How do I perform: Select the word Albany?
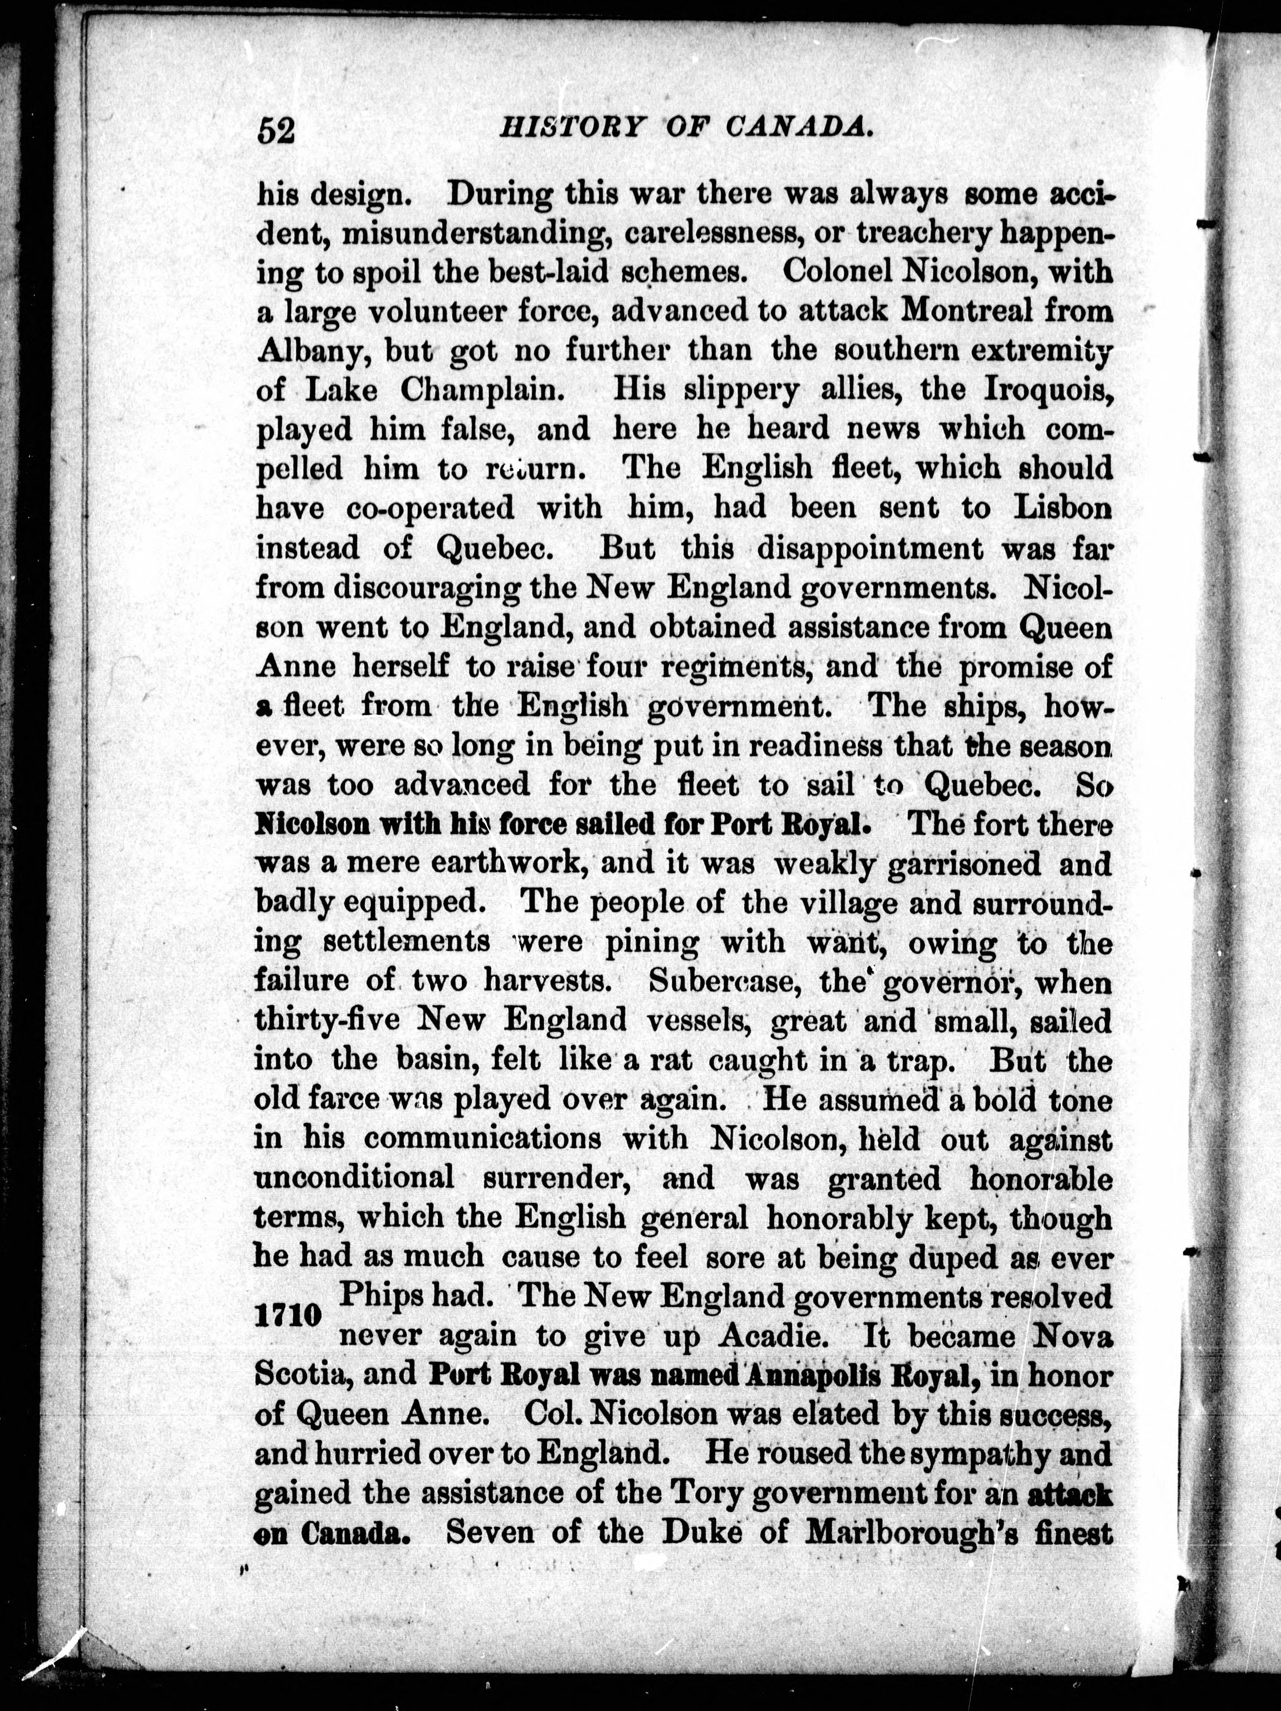pyautogui.click(x=314, y=351)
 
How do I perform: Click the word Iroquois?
pyautogui.click(x=1047, y=390)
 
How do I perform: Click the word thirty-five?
pyautogui.click(x=327, y=1021)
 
